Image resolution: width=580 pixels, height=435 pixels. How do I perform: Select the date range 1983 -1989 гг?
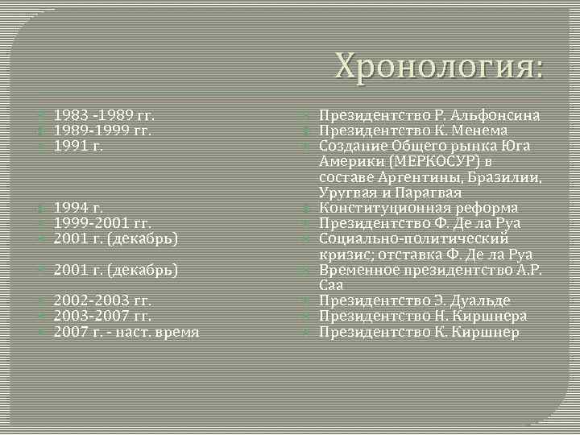104,115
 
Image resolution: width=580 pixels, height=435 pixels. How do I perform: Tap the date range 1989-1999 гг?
103,130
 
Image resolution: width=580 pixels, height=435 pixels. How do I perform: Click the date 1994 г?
79,208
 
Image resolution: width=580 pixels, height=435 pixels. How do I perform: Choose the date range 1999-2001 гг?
103,223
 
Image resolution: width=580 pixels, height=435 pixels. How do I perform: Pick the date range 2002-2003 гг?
103,301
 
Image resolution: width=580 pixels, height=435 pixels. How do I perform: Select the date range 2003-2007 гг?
103,317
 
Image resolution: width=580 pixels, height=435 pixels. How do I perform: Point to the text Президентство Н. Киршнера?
423,317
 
